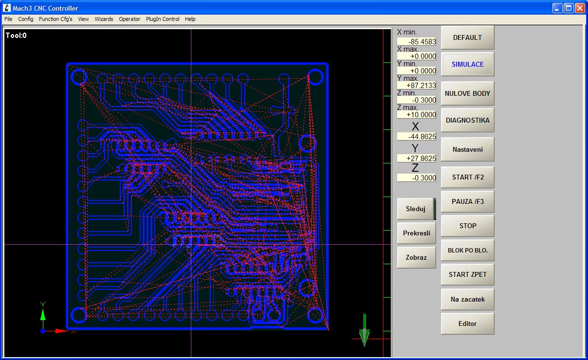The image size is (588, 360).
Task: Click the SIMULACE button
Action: pos(467,64)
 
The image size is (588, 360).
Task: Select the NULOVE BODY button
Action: pos(467,93)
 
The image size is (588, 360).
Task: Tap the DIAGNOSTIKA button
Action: pos(467,120)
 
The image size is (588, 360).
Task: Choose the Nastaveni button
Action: pos(467,149)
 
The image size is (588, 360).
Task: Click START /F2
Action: pos(467,177)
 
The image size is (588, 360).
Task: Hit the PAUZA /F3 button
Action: pos(467,201)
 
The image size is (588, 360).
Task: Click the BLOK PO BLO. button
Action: pos(467,251)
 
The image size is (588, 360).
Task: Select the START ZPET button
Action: pos(467,274)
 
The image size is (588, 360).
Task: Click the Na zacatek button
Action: pos(467,299)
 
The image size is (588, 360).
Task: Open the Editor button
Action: pos(467,324)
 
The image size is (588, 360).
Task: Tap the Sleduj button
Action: pos(416,209)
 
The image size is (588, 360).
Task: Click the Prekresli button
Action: pos(416,233)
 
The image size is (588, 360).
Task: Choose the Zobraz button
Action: pos(416,257)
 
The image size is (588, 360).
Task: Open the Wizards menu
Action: pos(104,19)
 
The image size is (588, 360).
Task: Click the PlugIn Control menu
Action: pos(163,19)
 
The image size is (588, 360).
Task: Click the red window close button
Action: pos(580,8)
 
